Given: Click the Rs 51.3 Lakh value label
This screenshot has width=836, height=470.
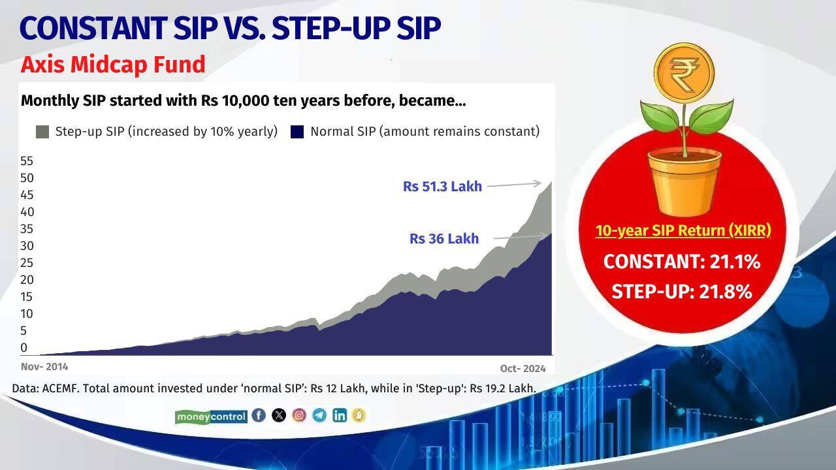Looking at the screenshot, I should [x=442, y=187].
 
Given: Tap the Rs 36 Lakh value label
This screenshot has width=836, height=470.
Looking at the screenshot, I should [x=444, y=239].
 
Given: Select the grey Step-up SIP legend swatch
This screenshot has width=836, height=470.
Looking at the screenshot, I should [x=42, y=132].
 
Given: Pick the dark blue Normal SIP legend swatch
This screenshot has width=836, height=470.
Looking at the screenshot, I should [x=297, y=132].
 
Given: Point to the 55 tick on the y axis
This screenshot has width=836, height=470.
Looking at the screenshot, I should [x=27, y=161].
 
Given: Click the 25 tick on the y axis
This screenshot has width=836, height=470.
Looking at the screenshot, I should [x=27, y=263].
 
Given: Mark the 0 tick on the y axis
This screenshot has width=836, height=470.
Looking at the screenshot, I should [x=24, y=348].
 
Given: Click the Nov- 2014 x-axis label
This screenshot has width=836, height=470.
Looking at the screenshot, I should [x=44, y=367].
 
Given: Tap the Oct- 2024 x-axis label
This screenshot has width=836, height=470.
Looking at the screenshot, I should [x=522, y=368].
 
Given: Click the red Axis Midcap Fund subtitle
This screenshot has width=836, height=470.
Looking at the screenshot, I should [x=113, y=65].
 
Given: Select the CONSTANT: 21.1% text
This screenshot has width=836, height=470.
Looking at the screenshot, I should [x=682, y=262].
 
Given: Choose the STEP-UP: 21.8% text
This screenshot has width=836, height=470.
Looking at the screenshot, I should [x=682, y=292].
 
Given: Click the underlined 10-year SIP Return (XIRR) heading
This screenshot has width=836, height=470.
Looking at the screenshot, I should [x=683, y=231].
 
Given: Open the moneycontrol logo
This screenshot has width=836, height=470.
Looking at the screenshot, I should [x=211, y=416].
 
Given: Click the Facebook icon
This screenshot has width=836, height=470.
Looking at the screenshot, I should [x=259, y=415].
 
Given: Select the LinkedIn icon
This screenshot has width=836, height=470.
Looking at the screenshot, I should [x=339, y=415].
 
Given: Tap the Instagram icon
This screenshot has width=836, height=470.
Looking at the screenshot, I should [x=299, y=415].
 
